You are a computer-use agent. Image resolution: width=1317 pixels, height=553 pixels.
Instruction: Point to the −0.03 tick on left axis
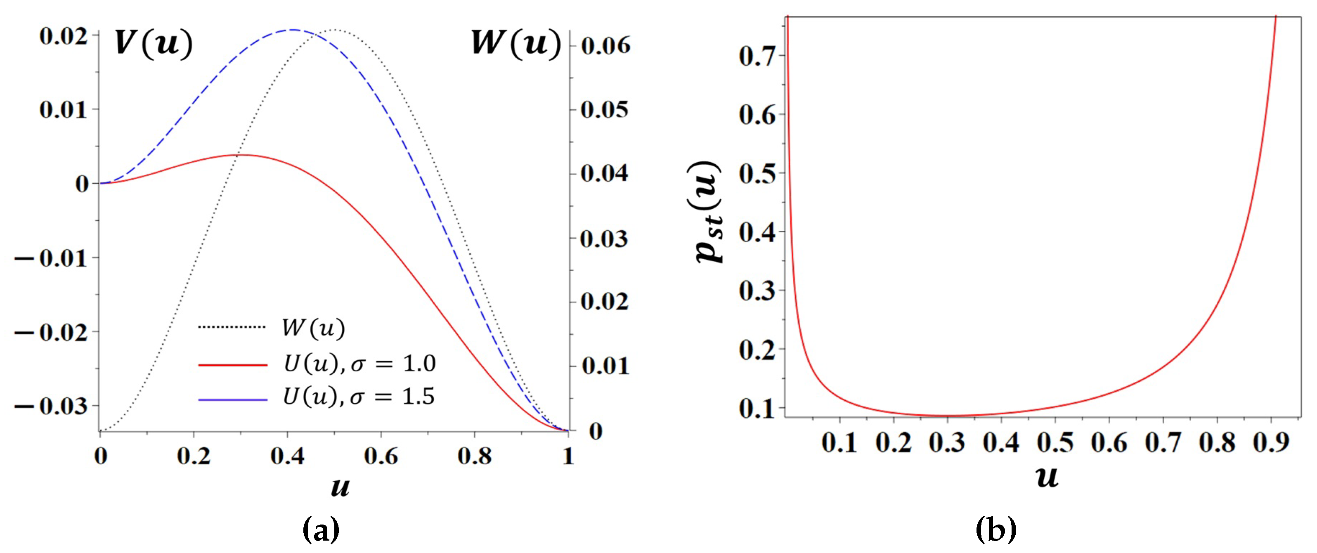point(51,407)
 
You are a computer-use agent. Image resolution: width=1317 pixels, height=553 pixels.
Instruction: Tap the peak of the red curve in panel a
point(241,155)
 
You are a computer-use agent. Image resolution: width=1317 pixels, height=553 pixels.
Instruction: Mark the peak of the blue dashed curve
point(293,30)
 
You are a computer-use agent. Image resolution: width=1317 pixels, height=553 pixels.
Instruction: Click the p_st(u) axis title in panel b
point(708,212)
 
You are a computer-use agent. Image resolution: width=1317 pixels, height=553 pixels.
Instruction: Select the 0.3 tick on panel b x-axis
point(947,442)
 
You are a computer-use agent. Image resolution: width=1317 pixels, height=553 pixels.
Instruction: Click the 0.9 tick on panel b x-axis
point(1271,442)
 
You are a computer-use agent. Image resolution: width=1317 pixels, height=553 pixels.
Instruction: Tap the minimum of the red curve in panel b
point(947,416)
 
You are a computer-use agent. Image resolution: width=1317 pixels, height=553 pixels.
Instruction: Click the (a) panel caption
point(321,529)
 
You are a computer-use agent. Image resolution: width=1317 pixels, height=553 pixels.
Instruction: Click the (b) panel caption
point(996,529)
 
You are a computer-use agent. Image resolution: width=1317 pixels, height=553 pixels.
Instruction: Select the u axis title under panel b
point(1047,476)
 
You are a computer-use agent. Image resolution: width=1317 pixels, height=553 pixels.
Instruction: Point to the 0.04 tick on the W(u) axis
point(604,174)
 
